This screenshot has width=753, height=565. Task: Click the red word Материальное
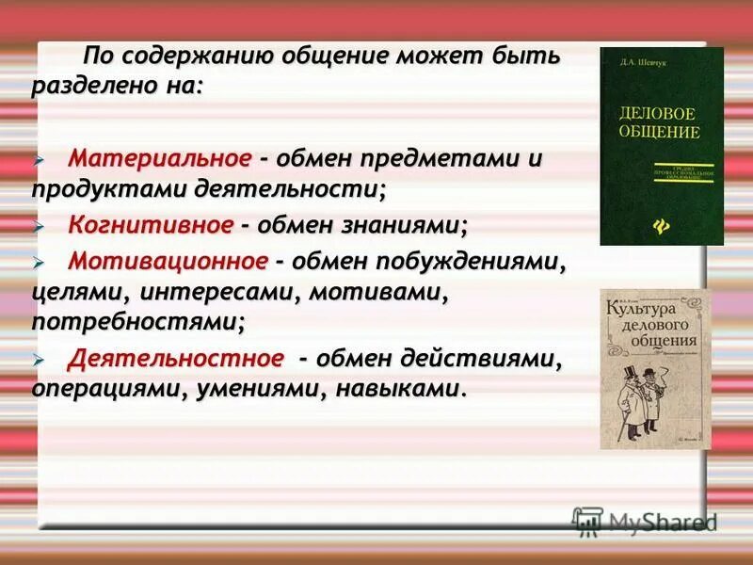coord(161,157)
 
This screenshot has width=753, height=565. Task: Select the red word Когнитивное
coord(151,225)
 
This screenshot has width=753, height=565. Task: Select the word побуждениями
coord(485,259)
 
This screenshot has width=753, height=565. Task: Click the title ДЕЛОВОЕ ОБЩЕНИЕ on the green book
coord(660,121)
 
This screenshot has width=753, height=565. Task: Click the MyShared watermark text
coord(663,522)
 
